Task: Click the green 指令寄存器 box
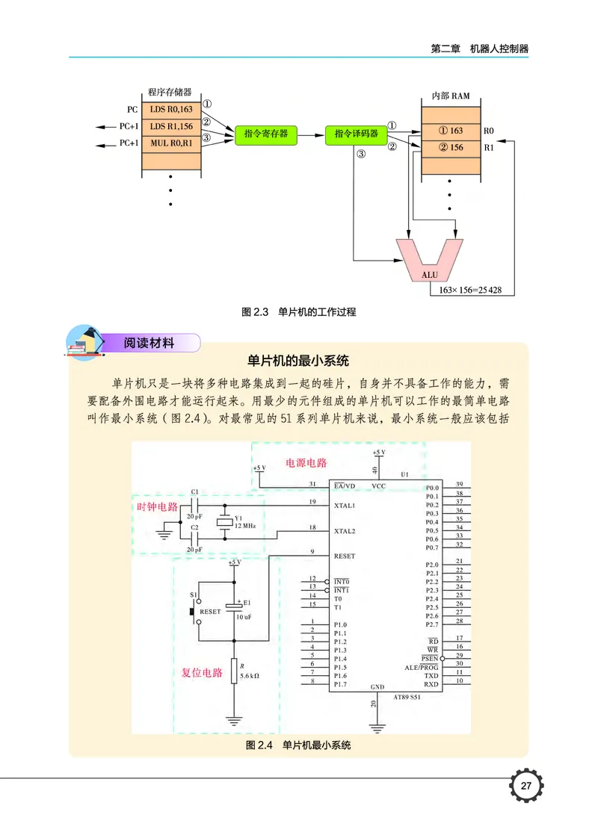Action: [x=265, y=134]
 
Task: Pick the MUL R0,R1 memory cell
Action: [x=171, y=142]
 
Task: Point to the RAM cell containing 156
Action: [x=451, y=147]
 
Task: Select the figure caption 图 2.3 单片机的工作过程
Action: [x=299, y=312]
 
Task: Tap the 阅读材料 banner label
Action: [x=149, y=344]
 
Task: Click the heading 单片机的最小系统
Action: [x=299, y=361]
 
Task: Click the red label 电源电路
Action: [x=306, y=463]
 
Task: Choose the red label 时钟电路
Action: [x=158, y=507]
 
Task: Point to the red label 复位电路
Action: [x=203, y=672]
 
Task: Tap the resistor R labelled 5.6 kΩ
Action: [x=234, y=671]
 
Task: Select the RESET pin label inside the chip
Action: [x=345, y=556]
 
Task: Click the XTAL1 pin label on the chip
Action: [x=345, y=506]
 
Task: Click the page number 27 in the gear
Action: [x=525, y=786]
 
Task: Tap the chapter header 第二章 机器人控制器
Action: [x=479, y=48]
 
